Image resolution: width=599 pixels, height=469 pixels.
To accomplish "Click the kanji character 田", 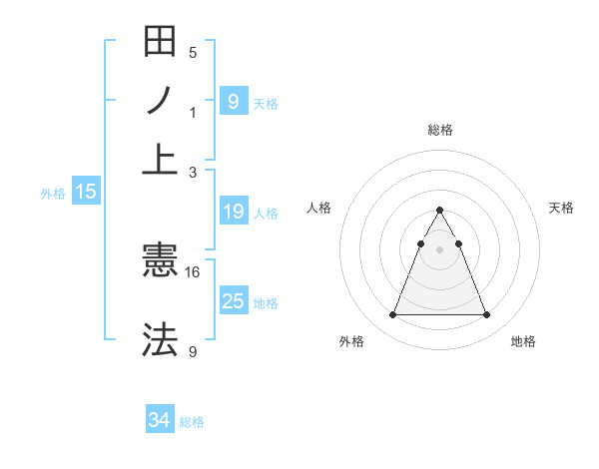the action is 160,42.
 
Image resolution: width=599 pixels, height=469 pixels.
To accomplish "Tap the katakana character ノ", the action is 160,100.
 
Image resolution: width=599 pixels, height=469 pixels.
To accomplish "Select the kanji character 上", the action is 160,157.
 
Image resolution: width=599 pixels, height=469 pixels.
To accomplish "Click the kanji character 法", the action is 160,339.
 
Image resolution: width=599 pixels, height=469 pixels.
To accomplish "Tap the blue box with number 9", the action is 233,101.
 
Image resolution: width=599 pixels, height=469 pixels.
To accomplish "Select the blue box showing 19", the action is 233,212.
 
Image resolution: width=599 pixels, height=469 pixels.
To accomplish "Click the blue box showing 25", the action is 233,300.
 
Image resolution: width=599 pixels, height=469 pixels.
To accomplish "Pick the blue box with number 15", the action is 85,192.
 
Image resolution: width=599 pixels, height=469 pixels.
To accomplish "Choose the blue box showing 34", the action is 160,420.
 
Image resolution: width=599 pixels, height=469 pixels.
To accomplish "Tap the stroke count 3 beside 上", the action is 193,173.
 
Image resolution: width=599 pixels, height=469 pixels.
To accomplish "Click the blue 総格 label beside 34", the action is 192,422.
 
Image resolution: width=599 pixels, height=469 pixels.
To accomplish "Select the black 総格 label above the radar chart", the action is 439,130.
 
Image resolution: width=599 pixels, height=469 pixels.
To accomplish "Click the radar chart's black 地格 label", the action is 523,341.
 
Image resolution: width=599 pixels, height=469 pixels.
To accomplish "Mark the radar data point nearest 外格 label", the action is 392,315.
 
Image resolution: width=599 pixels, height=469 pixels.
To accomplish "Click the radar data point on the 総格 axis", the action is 439,211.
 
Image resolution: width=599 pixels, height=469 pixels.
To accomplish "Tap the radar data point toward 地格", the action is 486,315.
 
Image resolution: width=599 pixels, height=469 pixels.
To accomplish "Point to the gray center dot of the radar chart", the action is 439,249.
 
